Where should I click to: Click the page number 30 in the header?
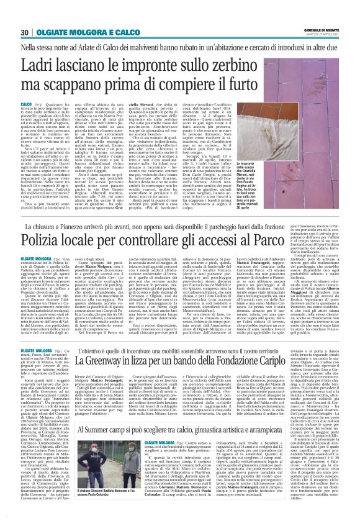tap(26, 32)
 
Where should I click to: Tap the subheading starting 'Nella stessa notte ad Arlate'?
tap(180, 47)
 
